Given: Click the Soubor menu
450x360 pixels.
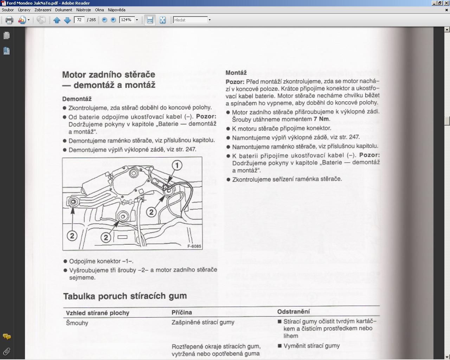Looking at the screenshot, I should [8, 10].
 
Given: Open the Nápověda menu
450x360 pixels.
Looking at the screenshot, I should [116, 10].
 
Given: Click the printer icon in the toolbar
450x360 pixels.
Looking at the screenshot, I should [9, 20].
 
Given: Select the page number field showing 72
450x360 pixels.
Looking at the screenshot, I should [79, 20].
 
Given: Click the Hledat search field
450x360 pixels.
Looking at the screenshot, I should [190, 20].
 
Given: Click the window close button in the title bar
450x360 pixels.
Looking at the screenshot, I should [446, 3].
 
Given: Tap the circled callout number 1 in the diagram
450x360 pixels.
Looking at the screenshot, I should [177, 165].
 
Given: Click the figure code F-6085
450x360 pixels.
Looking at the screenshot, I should [194, 246].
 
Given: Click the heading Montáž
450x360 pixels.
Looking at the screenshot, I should [236, 73].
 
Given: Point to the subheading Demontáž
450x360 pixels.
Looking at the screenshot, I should [77, 99].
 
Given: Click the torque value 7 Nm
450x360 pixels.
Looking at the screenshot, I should [321, 119].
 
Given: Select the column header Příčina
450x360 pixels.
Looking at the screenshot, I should [182, 312].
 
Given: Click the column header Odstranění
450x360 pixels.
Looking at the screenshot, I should [293, 311].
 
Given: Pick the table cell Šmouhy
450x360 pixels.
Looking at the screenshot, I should [77, 323].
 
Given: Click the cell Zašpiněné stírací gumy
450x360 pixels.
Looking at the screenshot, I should [203, 322].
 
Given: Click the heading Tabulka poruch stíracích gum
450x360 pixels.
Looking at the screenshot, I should [125, 296].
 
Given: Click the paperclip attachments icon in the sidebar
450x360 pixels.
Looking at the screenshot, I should [6, 351].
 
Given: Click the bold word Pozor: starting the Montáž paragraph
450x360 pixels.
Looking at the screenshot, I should [235, 82].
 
